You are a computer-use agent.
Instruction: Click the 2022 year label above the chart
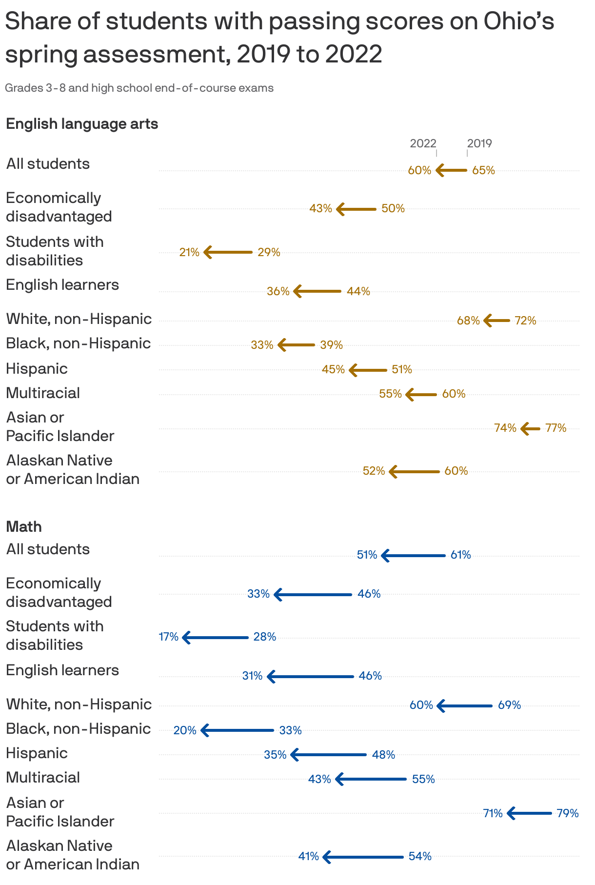422,143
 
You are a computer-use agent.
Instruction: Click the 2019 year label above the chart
479,143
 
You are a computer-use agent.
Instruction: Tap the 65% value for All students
483,170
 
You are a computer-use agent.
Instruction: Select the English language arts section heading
82,124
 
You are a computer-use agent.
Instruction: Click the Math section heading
24,527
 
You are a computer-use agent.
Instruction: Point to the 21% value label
189,252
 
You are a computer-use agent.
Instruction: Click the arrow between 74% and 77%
531,428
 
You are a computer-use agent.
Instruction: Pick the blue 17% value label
169,637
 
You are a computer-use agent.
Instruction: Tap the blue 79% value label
567,813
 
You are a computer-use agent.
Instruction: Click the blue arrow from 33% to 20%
238,730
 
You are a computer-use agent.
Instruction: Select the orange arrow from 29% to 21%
228,252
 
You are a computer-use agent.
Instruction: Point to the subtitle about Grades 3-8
139,88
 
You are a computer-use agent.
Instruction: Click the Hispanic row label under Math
37,753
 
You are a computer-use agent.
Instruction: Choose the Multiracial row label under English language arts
43,393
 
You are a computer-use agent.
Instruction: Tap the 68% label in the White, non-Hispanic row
468,321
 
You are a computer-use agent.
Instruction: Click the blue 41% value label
309,856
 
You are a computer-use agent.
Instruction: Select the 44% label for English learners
358,291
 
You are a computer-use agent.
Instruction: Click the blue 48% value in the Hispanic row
383,755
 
